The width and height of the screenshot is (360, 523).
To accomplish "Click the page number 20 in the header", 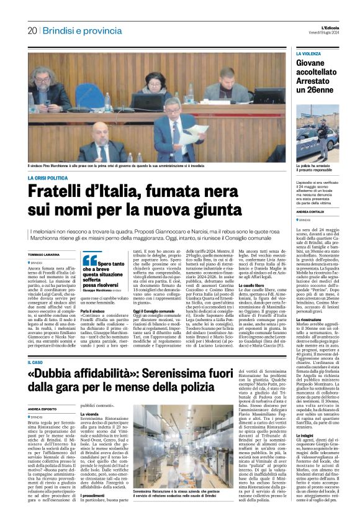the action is pos(32,30).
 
